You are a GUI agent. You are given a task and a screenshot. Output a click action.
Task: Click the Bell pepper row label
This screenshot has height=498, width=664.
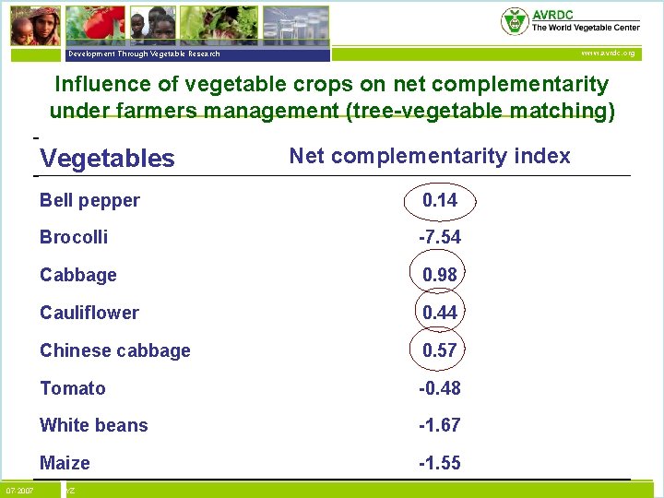(x=89, y=200)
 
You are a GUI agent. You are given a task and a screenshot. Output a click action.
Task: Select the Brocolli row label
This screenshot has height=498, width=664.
(x=74, y=237)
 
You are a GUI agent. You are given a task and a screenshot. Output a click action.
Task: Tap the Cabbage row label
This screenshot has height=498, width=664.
(x=78, y=275)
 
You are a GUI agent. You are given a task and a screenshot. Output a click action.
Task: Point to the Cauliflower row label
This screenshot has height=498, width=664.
(x=89, y=313)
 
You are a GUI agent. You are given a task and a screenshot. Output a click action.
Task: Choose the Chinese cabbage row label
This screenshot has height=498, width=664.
(x=115, y=350)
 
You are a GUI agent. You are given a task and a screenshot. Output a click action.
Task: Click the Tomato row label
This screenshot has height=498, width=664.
(x=73, y=388)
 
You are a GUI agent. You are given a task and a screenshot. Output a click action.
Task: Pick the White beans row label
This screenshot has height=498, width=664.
(x=93, y=425)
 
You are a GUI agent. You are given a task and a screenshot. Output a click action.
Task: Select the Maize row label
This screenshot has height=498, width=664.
(x=65, y=463)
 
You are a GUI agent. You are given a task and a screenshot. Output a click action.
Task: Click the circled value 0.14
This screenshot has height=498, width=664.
(x=440, y=200)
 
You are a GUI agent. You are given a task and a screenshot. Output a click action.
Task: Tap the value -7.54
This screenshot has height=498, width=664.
(x=440, y=237)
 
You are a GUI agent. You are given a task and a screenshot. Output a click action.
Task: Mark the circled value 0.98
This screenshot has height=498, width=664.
(x=440, y=275)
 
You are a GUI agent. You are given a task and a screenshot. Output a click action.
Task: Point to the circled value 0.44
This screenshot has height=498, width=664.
(x=440, y=313)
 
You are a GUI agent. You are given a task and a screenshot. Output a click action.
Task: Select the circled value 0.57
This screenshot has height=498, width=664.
(x=440, y=350)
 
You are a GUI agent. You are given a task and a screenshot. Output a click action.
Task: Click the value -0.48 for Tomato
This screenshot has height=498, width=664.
(x=440, y=388)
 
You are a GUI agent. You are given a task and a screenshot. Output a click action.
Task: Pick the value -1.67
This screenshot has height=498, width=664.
(x=440, y=425)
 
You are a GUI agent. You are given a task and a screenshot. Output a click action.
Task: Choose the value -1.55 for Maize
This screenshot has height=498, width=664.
(x=440, y=463)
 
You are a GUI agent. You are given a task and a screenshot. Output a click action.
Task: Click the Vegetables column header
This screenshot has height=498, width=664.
(x=107, y=158)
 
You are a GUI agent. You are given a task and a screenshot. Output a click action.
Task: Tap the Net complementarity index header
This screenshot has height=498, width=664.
(x=430, y=156)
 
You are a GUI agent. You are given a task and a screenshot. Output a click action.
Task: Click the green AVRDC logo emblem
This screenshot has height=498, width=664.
(x=514, y=21)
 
